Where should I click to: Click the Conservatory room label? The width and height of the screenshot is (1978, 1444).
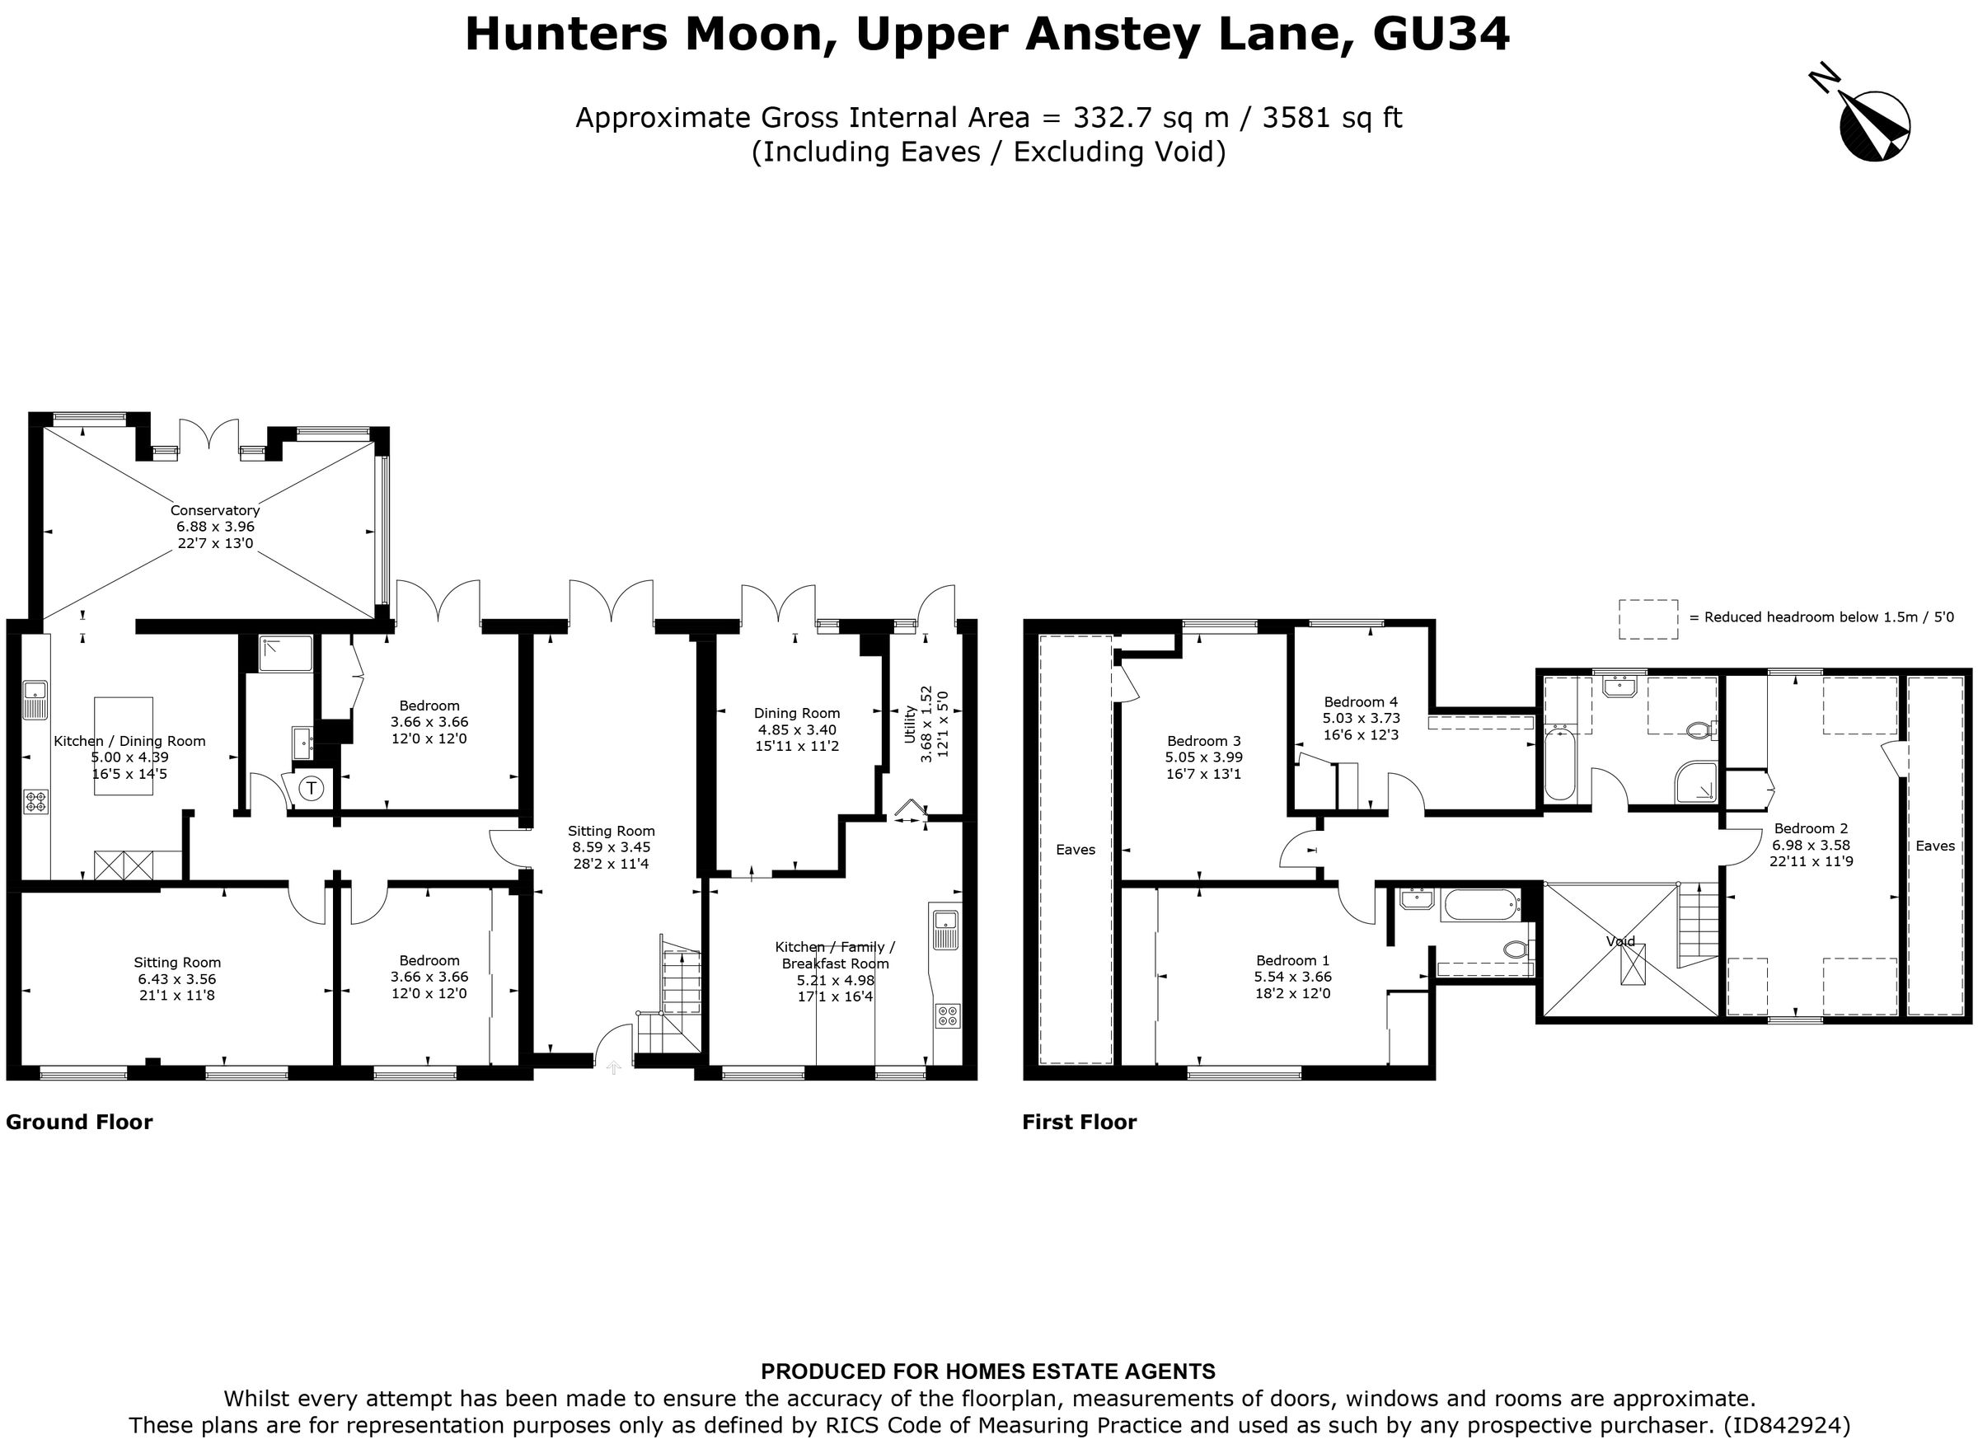(215, 510)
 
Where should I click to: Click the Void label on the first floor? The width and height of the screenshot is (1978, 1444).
(1620, 941)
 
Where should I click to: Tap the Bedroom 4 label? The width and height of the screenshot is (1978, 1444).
(1360, 702)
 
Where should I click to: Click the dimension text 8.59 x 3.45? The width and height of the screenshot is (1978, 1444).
(611, 847)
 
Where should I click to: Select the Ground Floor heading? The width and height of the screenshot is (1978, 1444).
(80, 1123)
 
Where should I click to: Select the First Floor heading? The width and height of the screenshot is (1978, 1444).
(1079, 1123)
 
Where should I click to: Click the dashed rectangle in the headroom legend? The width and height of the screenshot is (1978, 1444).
(1648, 619)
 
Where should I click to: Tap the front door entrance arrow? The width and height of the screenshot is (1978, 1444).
(613, 1067)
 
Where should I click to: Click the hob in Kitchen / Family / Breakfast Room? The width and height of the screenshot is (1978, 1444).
(948, 1016)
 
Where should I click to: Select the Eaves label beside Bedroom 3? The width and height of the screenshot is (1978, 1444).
(1075, 850)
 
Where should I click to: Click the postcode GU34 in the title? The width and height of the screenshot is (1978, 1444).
(1440, 35)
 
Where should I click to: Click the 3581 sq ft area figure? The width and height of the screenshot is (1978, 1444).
(1332, 117)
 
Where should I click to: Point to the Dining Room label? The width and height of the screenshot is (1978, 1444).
(796, 713)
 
